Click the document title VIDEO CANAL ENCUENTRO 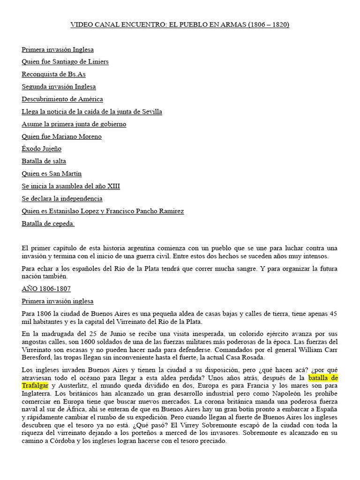180,24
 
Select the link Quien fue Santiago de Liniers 65,62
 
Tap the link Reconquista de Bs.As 53,74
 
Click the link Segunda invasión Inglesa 59,87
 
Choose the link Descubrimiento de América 62,99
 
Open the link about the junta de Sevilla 92,112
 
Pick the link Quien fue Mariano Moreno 61,136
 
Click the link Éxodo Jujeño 41,149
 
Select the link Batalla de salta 44,161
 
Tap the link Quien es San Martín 52,173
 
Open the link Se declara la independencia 62,198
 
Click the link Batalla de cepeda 48,224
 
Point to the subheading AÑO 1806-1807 46,289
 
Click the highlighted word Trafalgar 35,386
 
